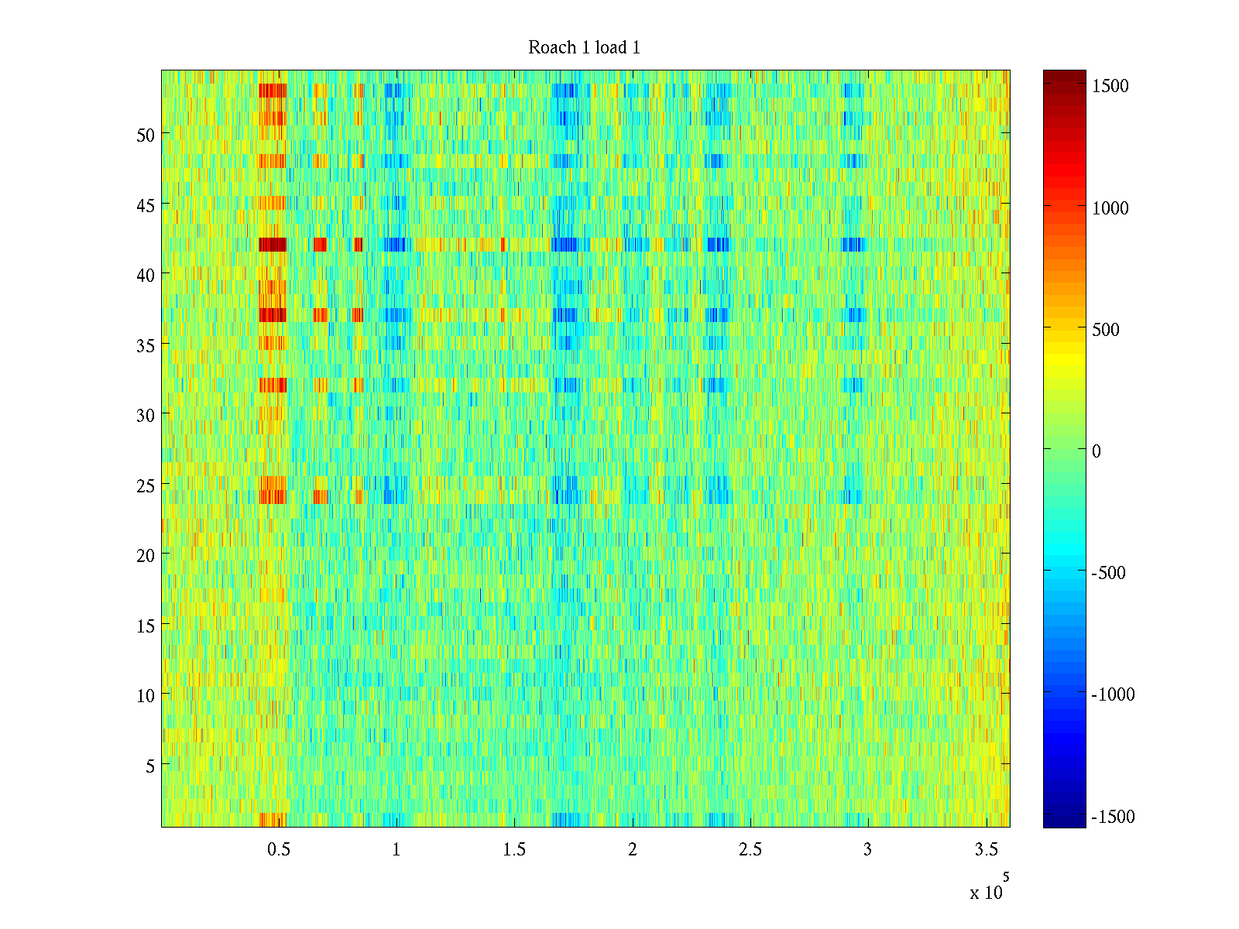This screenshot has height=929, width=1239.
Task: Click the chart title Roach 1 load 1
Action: pos(584,48)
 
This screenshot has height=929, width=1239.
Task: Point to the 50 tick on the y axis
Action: pos(146,135)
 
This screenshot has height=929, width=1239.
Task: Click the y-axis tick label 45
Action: pos(146,205)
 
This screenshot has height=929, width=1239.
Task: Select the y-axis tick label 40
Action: pos(146,275)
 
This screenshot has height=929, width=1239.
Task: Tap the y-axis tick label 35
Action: pos(146,345)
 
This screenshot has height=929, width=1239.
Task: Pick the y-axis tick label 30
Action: pos(146,415)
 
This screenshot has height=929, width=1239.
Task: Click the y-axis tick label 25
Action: pos(146,485)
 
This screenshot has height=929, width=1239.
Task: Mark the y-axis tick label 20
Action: pos(146,555)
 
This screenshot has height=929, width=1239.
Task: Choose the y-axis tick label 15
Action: pos(146,626)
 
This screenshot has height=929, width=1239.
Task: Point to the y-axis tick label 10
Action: pos(146,696)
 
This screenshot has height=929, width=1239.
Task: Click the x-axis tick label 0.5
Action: pos(279,850)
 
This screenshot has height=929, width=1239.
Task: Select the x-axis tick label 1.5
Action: pos(514,850)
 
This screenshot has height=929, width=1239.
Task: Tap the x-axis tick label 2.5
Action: pos(750,850)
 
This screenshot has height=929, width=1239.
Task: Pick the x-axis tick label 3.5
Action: pos(986,850)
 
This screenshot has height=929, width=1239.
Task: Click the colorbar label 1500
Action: pos(1110,86)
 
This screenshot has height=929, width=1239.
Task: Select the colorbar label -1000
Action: pos(1113,694)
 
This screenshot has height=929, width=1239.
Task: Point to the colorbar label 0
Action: pos(1096,451)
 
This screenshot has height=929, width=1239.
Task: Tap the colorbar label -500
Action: pos(1108,573)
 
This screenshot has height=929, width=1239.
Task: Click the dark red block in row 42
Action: pos(273,245)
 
